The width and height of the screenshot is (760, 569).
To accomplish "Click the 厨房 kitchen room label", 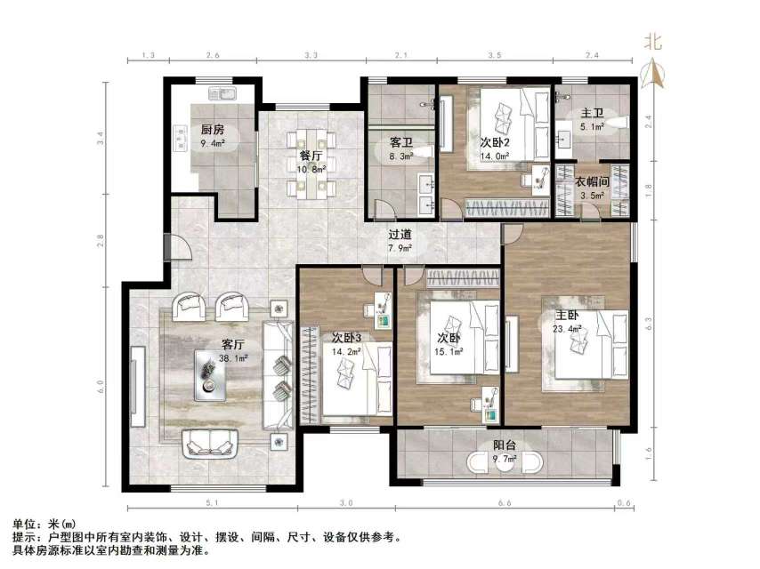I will tap(212, 127).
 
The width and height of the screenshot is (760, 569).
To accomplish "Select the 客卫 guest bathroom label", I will tap(400, 141).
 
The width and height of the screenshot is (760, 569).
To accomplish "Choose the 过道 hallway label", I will tap(400, 236).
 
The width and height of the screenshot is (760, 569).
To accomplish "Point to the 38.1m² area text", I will tap(234, 358).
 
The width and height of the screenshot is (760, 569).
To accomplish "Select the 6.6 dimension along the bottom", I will tap(503, 504).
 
